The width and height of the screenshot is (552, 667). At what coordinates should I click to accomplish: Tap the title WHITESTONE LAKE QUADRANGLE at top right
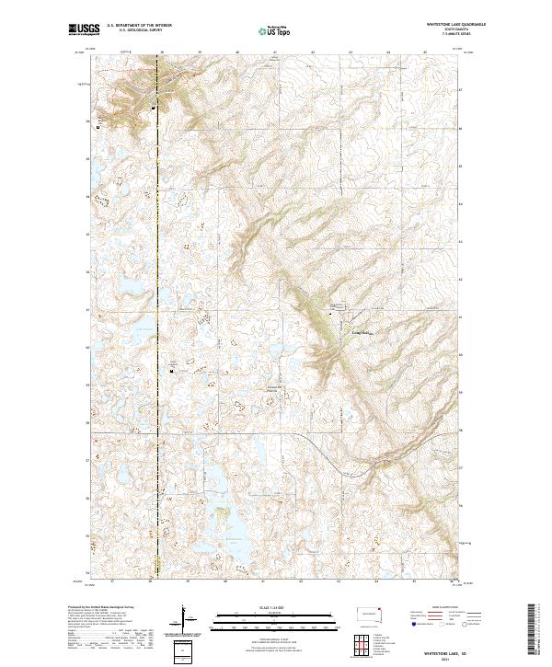(450, 25)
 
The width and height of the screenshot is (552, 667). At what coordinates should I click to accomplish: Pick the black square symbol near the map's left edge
(98, 128)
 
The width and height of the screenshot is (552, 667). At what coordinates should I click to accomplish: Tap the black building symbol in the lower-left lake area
(172, 372)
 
